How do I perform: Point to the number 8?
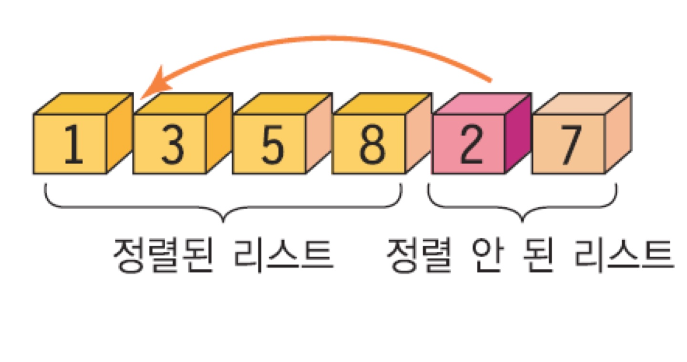(370, 144)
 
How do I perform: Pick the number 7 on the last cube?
(569, 144)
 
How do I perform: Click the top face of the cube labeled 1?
(83, 104)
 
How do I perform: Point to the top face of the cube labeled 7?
(582, 104)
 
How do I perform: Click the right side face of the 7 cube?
(618, 133)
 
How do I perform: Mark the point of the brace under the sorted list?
(223, 221)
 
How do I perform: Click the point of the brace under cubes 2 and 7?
(523, 221)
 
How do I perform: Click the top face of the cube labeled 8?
(382, 104)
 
